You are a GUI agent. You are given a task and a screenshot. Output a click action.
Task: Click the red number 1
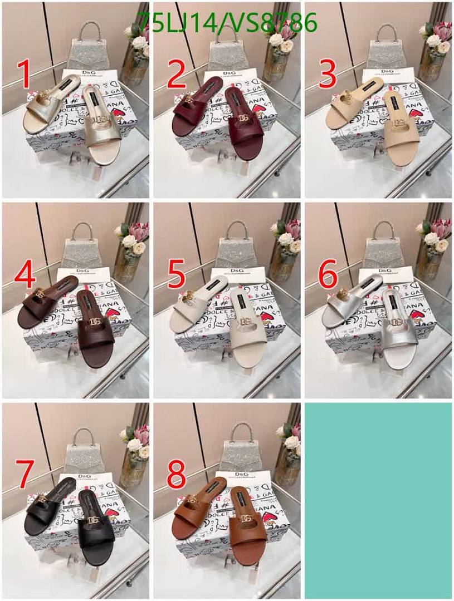tap(23, 76)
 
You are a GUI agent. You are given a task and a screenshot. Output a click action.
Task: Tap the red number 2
tap(177, 76)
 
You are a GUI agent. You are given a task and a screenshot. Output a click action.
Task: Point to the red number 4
tap(26, 276)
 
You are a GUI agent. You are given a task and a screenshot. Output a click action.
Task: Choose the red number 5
tap(177, 276)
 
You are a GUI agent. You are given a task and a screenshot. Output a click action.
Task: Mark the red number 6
tap(328, 276)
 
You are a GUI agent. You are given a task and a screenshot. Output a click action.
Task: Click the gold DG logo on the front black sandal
tap(94, 519)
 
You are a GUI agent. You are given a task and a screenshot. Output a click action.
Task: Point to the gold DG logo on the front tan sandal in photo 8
tap(246, 519)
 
